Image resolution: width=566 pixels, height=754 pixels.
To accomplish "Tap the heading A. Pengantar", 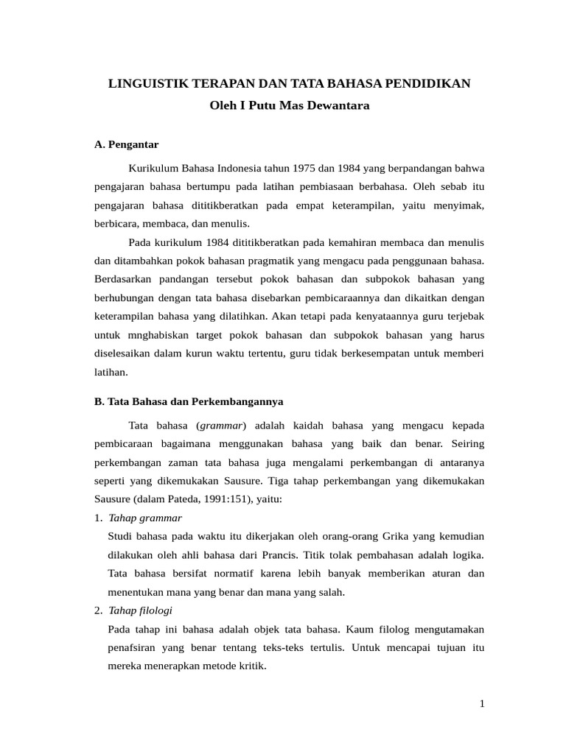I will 127,144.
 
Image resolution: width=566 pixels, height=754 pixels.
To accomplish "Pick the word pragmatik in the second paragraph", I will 253,261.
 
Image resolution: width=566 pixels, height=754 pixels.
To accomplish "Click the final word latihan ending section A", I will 111,372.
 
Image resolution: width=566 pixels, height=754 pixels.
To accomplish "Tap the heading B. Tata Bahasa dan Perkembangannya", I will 189,402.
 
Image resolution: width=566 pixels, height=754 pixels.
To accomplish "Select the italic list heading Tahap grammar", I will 144,518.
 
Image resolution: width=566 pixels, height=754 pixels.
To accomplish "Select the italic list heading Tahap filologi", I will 140,610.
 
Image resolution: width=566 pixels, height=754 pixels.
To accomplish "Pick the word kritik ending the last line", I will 251,666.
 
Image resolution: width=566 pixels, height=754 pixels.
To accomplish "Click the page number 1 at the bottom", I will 482,704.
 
